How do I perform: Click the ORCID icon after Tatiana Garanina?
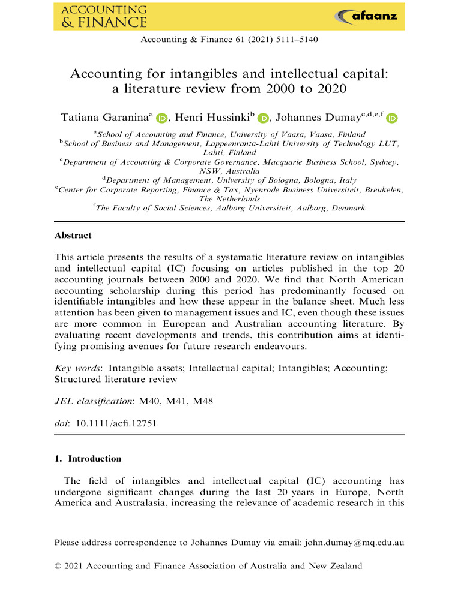162,119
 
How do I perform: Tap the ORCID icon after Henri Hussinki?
263,119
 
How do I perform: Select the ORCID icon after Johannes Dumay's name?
392,119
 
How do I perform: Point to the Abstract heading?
73,236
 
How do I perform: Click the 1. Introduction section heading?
88,459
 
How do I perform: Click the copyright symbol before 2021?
58,566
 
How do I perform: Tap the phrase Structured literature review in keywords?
116,379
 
